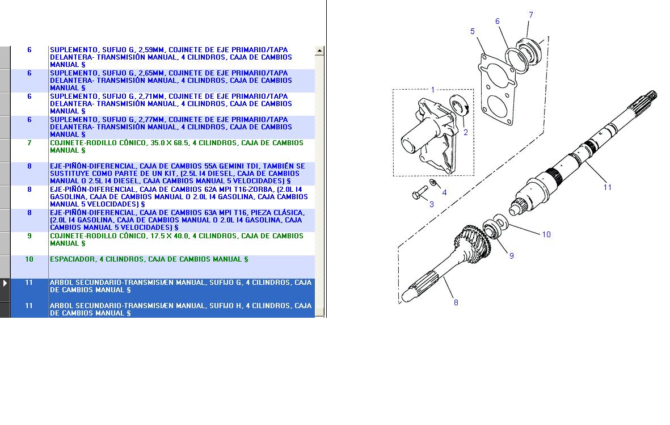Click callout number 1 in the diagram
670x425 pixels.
click(433, 90)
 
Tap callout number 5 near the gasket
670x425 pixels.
click(472, 32)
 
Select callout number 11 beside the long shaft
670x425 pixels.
click(607, 187)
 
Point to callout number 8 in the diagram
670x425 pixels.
click(456, 302)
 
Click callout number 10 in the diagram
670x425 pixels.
click(546, 234)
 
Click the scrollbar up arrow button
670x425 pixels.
click(319, 51)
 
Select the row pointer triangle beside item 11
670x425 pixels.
click(5, 283)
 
